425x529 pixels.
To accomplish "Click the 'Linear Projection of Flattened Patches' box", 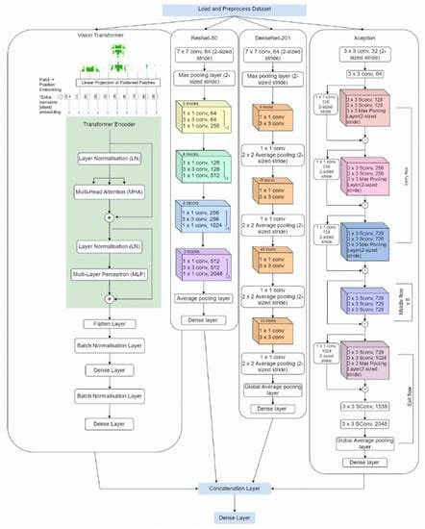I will point(100,83).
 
